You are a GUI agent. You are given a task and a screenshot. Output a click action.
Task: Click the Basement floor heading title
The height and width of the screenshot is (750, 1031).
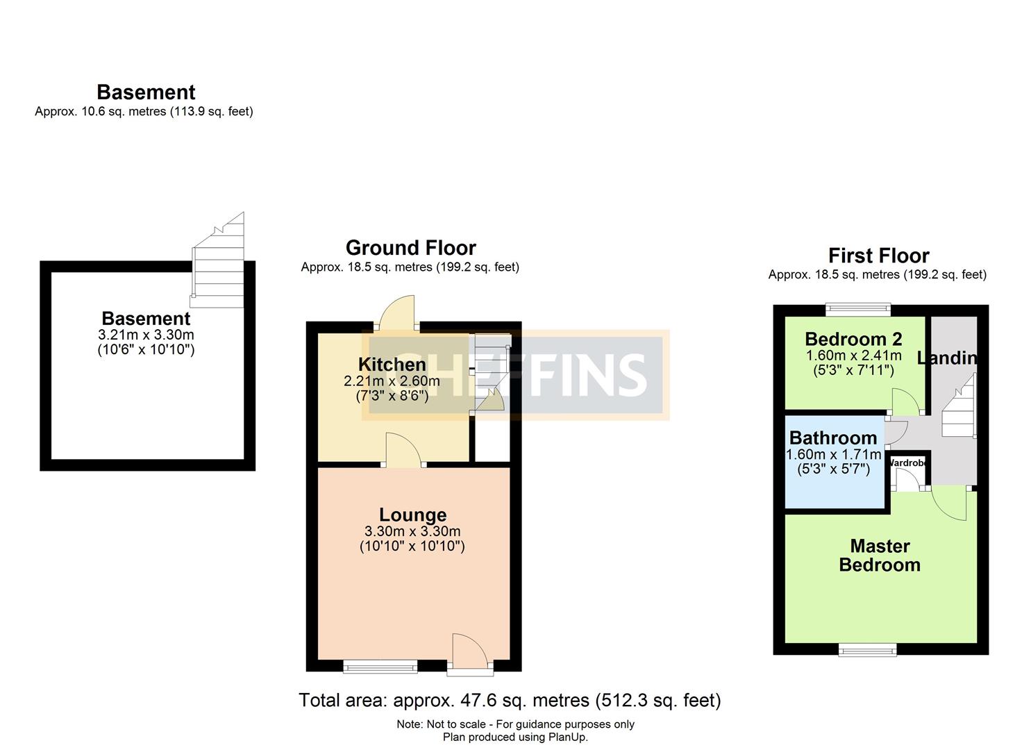click(146, 92)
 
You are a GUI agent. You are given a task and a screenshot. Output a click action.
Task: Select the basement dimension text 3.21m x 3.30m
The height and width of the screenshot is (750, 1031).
click(146, 335)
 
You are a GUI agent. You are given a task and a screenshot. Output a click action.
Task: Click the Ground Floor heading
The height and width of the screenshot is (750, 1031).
click(410, 247)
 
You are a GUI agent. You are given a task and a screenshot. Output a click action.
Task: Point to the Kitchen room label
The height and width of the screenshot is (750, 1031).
click(392, 364)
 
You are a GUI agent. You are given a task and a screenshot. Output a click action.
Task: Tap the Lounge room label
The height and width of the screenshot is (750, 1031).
click(412, 515)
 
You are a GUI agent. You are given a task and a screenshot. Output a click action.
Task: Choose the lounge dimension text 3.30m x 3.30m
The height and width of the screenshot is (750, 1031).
click(412, 531)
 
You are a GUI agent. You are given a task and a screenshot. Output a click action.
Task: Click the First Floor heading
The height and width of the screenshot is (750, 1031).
click(878, 255)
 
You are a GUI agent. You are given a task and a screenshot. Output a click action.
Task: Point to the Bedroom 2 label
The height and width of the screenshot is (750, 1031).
click(853, 339)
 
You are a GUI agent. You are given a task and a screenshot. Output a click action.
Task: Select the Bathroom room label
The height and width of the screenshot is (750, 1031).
click(833, 437)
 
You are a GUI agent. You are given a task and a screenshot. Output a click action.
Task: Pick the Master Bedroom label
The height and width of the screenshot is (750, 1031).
click(880, 555)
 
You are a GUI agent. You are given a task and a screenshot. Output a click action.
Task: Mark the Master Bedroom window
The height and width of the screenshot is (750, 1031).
click(867, 649)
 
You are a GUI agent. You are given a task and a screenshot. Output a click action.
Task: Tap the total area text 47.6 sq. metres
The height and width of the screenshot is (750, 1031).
click(510, 700)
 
